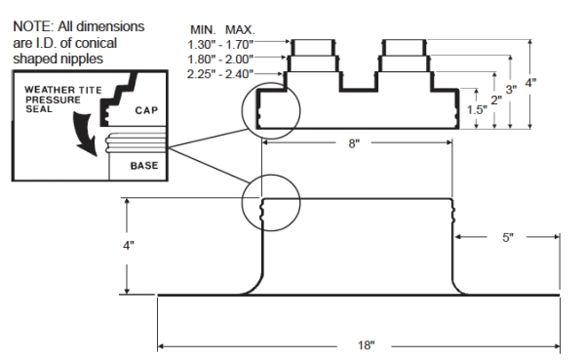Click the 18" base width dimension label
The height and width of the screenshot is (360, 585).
point(366,345)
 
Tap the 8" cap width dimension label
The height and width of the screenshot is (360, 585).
point(354,143)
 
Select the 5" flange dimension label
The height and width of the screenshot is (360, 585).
point(508,237)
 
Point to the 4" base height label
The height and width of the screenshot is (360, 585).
point(129,246)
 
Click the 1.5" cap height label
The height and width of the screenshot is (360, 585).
point(477,110)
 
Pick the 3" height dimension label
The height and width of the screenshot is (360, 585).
point(511,90)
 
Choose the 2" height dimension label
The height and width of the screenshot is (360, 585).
point(496,100)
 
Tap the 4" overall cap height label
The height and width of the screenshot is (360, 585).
point(530,83)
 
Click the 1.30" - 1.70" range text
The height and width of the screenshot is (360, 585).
point(220,45)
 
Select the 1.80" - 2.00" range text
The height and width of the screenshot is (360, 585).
point(220,60)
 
